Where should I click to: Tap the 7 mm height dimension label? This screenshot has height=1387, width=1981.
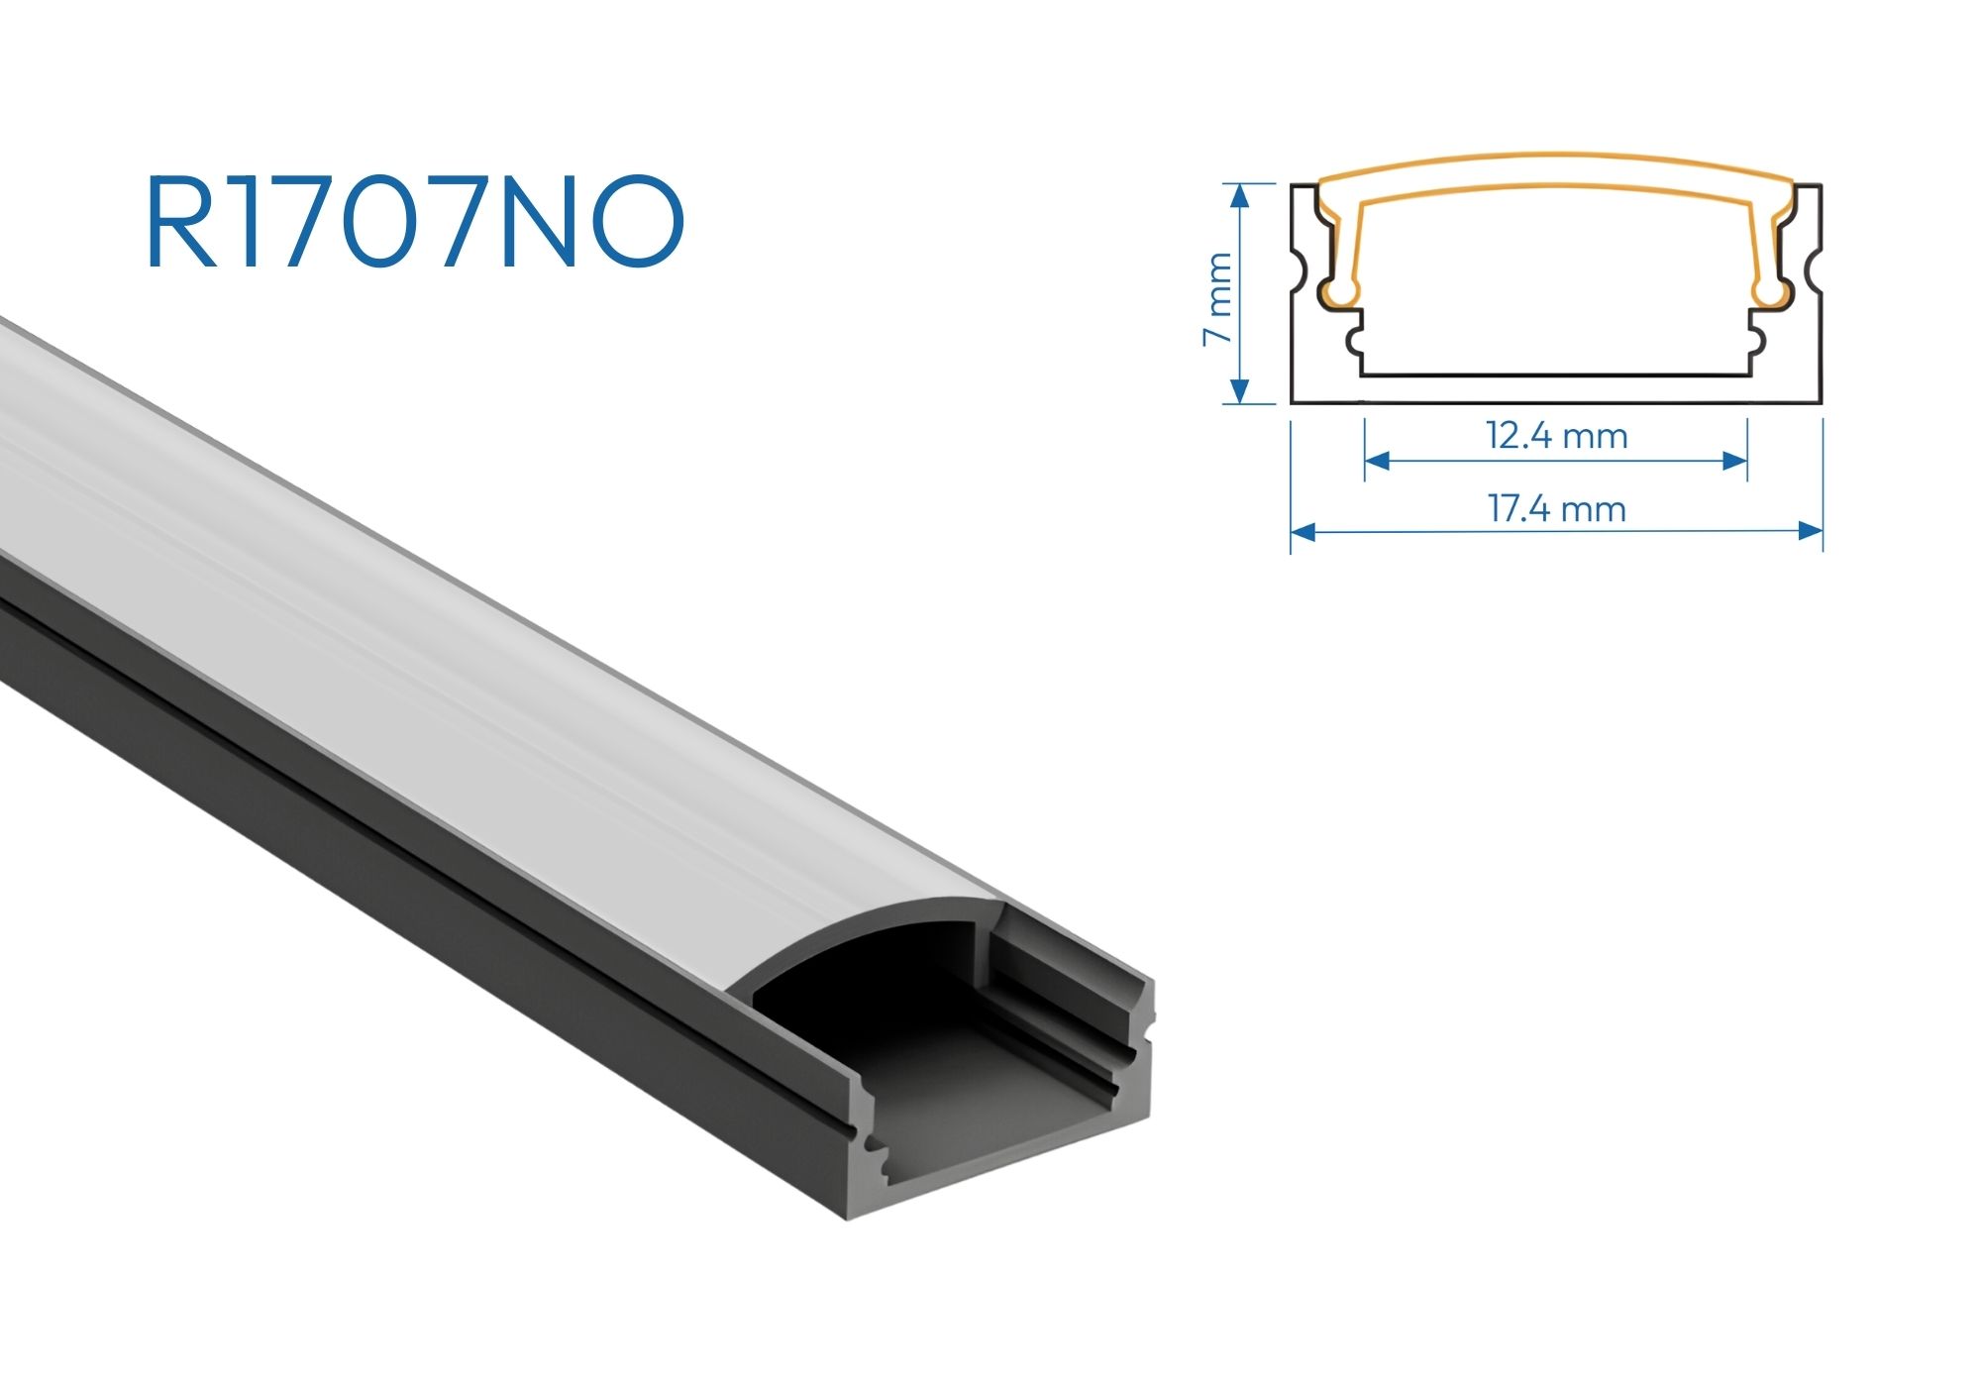(x=1217, y=298)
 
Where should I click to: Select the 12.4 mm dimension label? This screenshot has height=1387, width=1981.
(x=1556, y=436)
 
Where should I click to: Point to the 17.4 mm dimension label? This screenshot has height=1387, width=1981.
(x=1557, y=509)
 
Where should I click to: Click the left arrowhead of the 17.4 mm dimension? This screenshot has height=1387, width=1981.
(x=1303, y=532)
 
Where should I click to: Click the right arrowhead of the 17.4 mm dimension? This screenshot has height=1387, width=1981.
(x=1811, y=532)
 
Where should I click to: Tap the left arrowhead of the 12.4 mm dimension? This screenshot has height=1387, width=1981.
(x=1378, y=461)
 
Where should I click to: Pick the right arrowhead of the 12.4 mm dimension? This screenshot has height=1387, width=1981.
(x=1734, y=461)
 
